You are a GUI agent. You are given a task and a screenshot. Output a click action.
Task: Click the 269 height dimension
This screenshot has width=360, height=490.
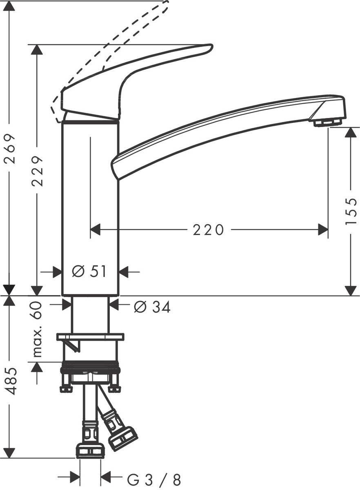point(9,149)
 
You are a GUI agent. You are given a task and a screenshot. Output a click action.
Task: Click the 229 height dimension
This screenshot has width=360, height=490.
point(38,171)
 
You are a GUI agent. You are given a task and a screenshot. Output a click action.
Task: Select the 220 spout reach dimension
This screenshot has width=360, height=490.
point(208,230)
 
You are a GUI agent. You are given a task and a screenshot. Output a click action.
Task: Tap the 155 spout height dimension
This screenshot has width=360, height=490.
point(351,211)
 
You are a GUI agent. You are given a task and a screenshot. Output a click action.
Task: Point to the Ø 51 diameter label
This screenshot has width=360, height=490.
point(89,271)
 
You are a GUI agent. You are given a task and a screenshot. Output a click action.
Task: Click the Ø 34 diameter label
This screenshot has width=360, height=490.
point(152,307)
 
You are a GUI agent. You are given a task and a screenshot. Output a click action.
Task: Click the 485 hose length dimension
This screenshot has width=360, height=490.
point(11,381)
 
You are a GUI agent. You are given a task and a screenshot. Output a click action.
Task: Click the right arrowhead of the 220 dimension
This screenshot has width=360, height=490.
point(323,230)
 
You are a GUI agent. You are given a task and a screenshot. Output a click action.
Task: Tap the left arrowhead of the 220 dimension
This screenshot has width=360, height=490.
point(95,230)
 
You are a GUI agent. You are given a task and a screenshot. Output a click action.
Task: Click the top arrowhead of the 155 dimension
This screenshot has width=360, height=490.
point(351,133)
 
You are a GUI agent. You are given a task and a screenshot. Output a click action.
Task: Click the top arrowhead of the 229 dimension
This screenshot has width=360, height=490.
point(37,50)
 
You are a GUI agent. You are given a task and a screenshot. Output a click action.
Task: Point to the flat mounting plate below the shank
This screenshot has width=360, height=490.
point(90,337)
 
